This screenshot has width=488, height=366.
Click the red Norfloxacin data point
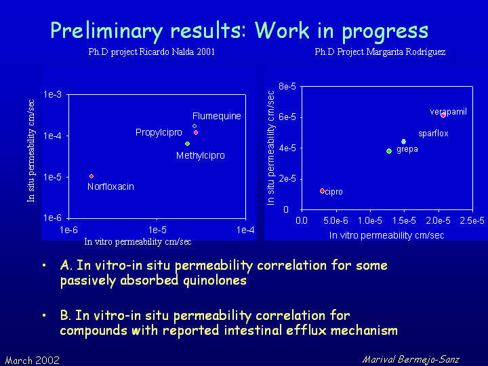(91, 176)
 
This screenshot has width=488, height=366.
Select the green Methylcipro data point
(187, 144)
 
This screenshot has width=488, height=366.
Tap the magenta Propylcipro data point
(196, 133)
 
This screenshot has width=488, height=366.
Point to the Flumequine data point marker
(195, 126)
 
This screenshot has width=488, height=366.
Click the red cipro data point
(322, 190)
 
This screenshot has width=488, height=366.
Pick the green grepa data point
(389, 151)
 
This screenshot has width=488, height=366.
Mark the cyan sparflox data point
(404, 142)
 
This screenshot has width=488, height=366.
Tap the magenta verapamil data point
(443, 115)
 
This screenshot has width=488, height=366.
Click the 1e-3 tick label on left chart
(53, 94)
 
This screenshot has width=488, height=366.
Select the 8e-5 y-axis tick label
(287, 86)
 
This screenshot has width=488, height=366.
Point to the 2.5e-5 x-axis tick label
(472, 221)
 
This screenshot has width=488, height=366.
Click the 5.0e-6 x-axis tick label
(335, 221)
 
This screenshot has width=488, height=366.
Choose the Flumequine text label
(217, 116)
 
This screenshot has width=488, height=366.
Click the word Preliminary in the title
(106, 31)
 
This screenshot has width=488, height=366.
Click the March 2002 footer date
(33, 361)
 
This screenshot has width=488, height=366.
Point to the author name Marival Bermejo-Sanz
(411, 360)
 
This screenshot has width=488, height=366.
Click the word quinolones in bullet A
(215, 281)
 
